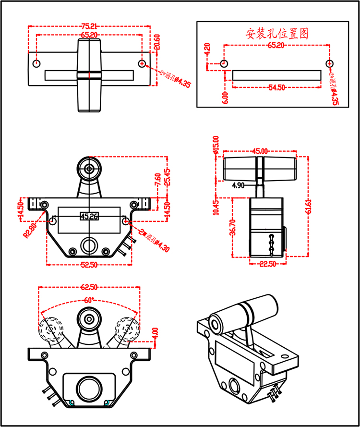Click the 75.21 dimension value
89,26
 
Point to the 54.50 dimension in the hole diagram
277,87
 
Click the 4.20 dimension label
207,50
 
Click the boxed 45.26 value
89,216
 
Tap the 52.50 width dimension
89,265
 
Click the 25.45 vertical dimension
167,178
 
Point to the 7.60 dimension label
158,181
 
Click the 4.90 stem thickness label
239,185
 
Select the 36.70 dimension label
232,227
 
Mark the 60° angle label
88,300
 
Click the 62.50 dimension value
89,287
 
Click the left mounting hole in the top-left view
37,63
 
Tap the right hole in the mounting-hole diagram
329,63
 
